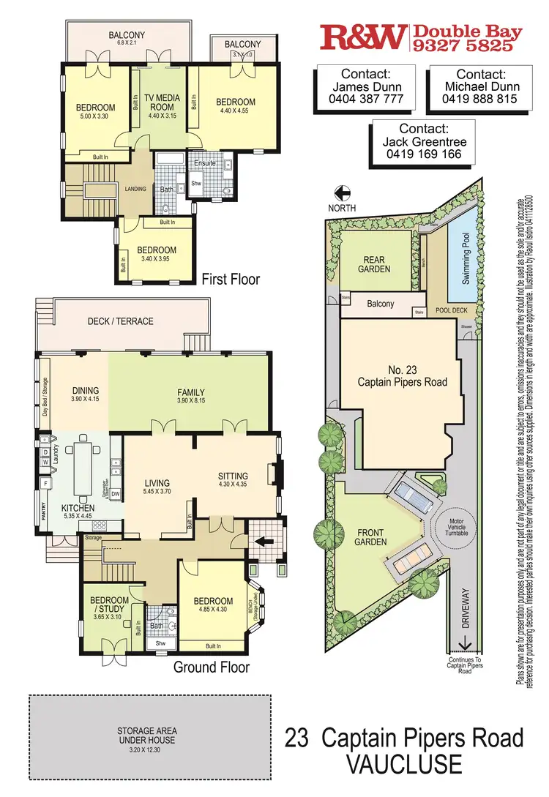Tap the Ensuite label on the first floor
pos(205,162)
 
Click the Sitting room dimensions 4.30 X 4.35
pos(233,484)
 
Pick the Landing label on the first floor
pos(135,189)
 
